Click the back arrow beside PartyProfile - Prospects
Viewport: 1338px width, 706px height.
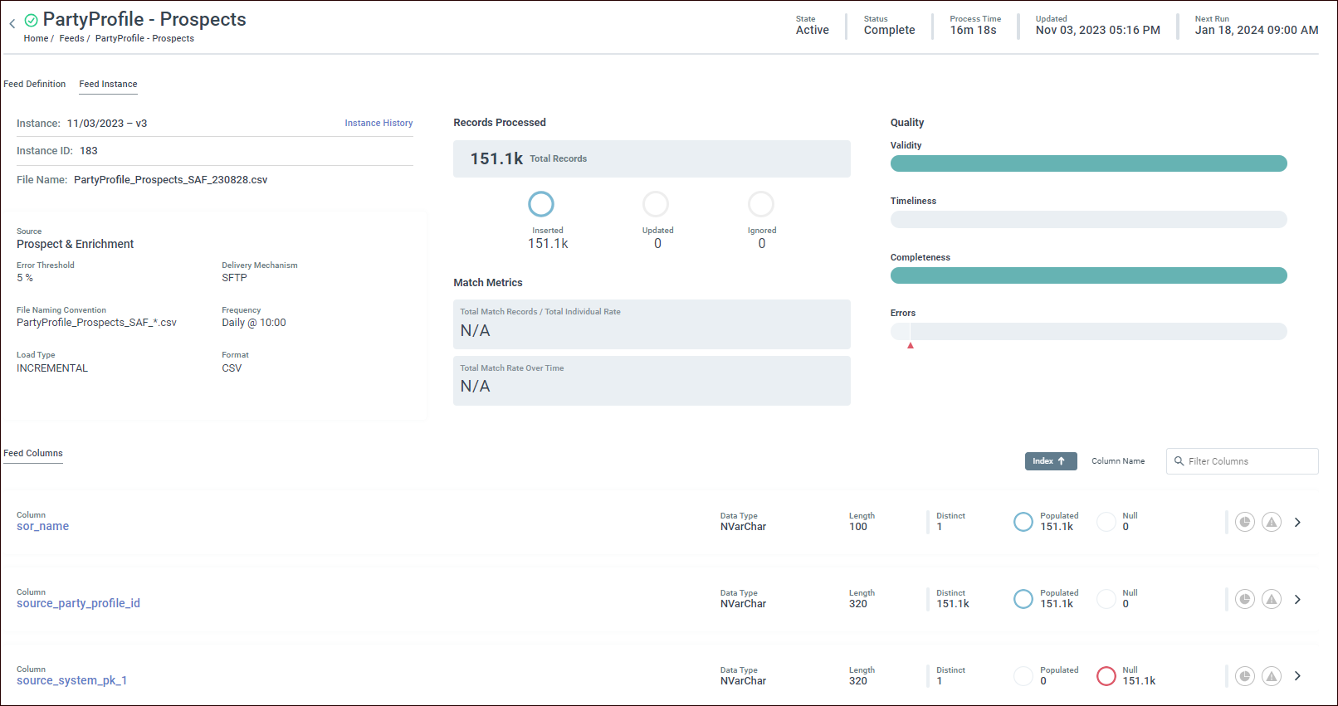(x=12, y=24)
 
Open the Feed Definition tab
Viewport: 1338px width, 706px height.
(x=35, y=84)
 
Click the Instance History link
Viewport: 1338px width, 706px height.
(x=378, y=123)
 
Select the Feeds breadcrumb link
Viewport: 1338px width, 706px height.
(x=71, y=38)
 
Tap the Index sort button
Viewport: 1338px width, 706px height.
(x=1050, y=461)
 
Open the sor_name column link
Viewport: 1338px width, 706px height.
(x=43, y=526)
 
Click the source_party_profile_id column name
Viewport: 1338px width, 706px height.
(x=78, y=603)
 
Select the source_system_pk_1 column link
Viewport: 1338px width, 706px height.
(x=71, y=680)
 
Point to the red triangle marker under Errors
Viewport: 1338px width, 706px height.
(x=911, y=345)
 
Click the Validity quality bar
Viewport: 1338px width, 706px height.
(x=1088, y=163)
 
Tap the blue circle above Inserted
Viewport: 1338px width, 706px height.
(x=541, y=204)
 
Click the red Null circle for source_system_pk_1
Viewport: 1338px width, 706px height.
(x=1106, y=676)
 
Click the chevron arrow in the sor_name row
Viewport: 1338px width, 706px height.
(x=1297, y=522)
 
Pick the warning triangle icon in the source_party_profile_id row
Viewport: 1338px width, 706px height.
(x=1271, y=599)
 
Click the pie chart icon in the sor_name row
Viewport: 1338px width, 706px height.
(x=1244, y=522)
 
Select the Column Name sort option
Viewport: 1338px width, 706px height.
(x=1117, y=461)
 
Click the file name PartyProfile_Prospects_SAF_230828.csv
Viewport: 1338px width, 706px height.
(x=170, y=179)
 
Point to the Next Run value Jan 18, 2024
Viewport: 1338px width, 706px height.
(x=1256, y=30)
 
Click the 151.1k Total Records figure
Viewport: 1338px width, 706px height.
(x=496, y=158)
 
